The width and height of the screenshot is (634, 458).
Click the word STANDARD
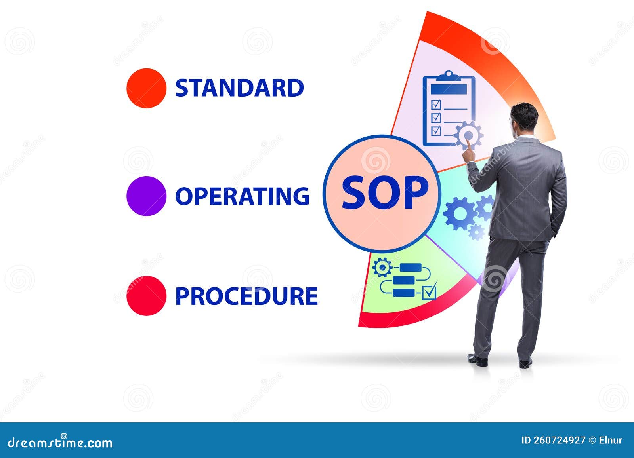pos(239,88)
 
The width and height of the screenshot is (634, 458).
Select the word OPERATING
pos(242,196)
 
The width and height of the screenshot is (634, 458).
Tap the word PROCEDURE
pos(246,296)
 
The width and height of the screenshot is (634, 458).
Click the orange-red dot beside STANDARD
pos(146,88)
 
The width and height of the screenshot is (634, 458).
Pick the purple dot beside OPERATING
pos(146,196)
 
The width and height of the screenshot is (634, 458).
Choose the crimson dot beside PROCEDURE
pos(146,296)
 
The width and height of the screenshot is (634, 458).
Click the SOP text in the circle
pos(385,193)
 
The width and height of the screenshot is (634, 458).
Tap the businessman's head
pos(524,118)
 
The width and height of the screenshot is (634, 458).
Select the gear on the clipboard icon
pos(469,135)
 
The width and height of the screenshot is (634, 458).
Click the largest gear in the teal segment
pos(459,213)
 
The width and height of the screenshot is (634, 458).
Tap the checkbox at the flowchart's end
pos(429,292)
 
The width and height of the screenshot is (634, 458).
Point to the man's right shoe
pos(525,362)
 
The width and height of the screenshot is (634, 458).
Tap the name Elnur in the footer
pos(611,440)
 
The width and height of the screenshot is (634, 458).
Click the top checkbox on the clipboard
pos(436,105)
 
